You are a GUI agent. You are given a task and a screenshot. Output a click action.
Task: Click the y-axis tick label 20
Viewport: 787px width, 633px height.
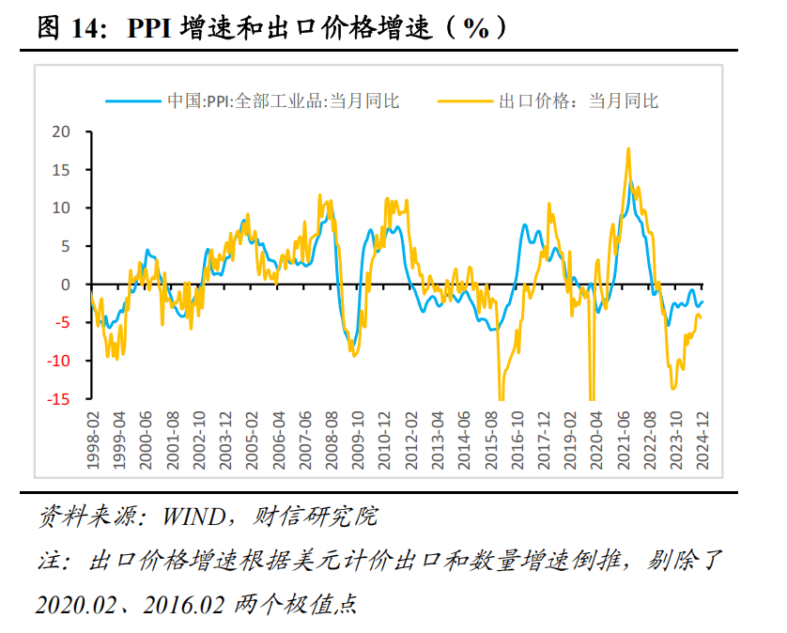tap(61, 131)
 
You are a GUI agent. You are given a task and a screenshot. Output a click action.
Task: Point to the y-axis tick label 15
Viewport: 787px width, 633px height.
tap(61, 170)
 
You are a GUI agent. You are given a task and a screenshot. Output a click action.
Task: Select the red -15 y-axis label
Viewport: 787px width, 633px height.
tap(58, 399)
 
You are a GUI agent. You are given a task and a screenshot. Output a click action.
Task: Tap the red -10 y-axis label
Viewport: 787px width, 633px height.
tap(58, 361)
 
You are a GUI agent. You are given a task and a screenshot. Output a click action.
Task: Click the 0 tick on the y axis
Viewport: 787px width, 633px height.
tap(66, 285)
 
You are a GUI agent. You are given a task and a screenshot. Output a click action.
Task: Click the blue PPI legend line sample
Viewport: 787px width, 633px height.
tap(131, 100)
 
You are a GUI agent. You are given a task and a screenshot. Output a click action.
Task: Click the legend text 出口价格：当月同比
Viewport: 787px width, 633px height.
tap(578, 100)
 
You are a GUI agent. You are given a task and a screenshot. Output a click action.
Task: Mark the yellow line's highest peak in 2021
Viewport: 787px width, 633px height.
tap(627, 148)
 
